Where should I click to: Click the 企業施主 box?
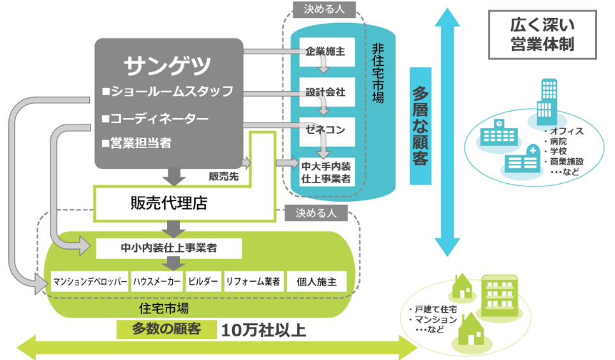(325, 52)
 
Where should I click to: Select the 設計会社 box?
(325, 92)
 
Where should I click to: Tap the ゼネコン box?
(325, 130)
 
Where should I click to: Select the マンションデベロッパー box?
(90, 281)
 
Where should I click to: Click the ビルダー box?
(204, 281)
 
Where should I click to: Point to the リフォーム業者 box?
(253, 281)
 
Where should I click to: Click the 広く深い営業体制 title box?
(542, 34)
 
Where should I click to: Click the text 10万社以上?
(264, 330)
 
